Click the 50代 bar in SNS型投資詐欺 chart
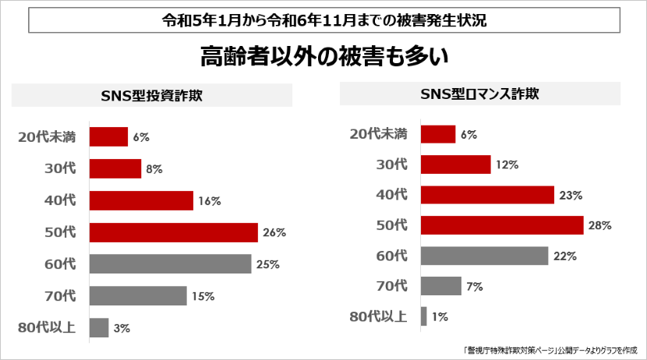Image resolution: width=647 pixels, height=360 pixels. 173,232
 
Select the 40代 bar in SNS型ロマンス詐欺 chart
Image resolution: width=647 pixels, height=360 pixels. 487,195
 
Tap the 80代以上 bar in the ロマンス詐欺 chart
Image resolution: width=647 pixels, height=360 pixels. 423,316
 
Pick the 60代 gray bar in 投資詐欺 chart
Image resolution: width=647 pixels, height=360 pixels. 170,264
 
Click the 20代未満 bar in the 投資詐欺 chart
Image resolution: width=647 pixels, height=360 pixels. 108,136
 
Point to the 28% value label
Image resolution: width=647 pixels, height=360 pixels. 600,225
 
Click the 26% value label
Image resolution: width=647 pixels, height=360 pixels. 274,232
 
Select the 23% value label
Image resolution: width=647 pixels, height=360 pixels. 571,195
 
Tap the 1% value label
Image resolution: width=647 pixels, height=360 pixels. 440,316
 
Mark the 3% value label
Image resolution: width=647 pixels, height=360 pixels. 122,328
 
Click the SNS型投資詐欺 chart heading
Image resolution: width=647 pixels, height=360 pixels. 152,96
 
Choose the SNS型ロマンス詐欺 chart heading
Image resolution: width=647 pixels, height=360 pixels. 479,94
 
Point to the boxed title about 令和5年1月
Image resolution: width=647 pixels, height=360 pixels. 323,21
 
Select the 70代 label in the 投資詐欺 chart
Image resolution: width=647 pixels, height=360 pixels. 60,295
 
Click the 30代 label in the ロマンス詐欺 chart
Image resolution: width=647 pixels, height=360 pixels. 391,164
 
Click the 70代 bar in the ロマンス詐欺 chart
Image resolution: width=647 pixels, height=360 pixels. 440,286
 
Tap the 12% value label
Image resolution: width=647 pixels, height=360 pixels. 507,164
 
